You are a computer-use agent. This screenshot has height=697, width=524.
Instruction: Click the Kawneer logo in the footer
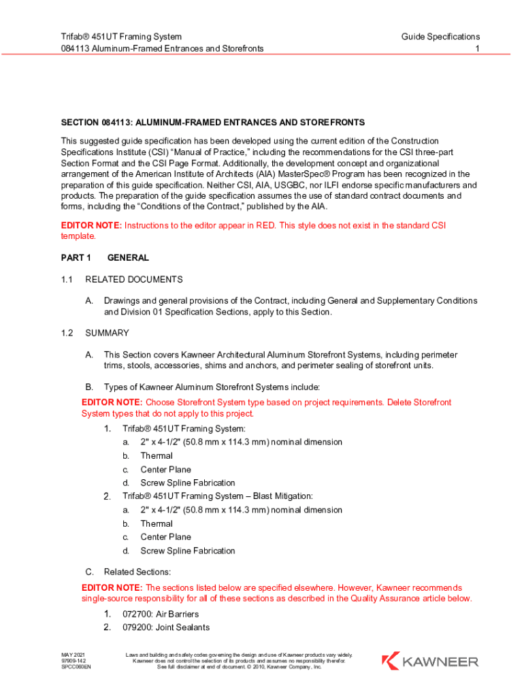pos(430,661)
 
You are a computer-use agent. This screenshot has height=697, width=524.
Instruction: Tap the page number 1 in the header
pos(478,48)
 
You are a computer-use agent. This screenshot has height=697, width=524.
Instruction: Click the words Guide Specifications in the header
pos(440,36)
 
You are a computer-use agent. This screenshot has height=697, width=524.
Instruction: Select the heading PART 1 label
pos(76,258)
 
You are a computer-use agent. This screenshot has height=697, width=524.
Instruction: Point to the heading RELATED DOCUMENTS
pos(134,279)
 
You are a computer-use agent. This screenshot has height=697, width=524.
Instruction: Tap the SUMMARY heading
pos(107,333)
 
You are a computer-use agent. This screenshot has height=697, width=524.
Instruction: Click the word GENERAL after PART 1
pos(128,258)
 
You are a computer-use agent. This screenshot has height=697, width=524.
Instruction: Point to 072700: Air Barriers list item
pos(161,614)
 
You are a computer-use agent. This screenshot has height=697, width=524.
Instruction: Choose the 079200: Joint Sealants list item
pos(166,627)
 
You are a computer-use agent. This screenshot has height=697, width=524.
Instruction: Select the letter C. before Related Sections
pos(89,572)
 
